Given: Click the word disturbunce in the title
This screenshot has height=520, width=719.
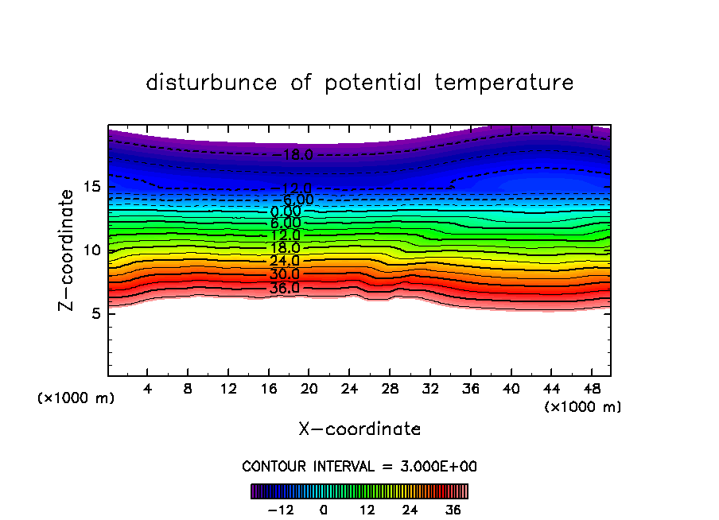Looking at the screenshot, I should coord(212,83).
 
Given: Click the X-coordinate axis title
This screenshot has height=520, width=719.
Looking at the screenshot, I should coord(359,429).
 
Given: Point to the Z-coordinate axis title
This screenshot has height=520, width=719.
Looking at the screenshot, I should coord(68,250).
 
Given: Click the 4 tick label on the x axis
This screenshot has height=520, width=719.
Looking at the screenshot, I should coord(148,389).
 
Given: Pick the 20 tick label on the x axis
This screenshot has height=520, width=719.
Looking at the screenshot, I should coord(309,389).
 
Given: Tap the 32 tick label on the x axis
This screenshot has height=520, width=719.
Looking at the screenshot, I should coord(429,389).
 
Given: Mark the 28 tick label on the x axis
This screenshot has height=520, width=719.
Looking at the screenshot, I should coord(390,389).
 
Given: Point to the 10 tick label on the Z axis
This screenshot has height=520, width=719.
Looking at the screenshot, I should coord(89,250).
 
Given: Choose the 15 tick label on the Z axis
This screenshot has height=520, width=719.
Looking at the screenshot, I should coord(89,186).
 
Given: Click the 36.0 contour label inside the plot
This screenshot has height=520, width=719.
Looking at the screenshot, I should coord(284,288).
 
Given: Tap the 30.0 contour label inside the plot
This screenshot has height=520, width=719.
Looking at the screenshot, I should coord(284,274).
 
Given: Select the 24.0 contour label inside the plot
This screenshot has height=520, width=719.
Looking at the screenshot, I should coord(284,261).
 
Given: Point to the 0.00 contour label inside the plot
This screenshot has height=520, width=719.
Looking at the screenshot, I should coord(286,211).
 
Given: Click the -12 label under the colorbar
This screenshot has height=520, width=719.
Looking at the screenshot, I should coord(281,510).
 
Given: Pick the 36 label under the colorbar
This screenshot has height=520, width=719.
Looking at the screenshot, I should coord(453,510).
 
